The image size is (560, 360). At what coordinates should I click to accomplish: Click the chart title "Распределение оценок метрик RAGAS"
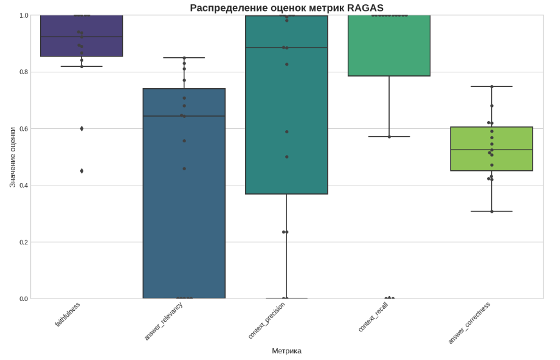286,8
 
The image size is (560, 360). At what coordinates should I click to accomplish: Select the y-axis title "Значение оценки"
12,157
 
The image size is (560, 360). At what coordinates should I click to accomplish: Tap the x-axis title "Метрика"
286,351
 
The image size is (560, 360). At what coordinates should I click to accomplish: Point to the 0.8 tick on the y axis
24,72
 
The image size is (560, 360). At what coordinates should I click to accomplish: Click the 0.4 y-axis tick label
24,185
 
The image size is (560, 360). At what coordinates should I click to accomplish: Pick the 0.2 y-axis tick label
24,242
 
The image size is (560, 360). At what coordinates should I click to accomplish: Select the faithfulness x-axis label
67,314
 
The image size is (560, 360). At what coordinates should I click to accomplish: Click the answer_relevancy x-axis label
164,320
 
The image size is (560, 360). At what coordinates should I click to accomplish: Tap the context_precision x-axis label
266,320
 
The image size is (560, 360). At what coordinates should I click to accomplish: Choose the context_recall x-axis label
373,317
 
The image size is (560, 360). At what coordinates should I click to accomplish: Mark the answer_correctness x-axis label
469,322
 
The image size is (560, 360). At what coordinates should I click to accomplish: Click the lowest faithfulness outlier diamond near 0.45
81,171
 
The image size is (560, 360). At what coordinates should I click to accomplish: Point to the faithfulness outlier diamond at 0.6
81,128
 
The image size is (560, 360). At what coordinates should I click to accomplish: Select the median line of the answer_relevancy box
184,116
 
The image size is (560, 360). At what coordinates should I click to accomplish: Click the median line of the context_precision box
286,47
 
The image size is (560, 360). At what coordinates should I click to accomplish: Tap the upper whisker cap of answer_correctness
492,86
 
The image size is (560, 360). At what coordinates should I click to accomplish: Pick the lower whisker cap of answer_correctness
492,212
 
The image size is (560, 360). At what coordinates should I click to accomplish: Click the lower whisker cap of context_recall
389,137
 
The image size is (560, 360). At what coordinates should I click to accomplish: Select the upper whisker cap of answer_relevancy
184,58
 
